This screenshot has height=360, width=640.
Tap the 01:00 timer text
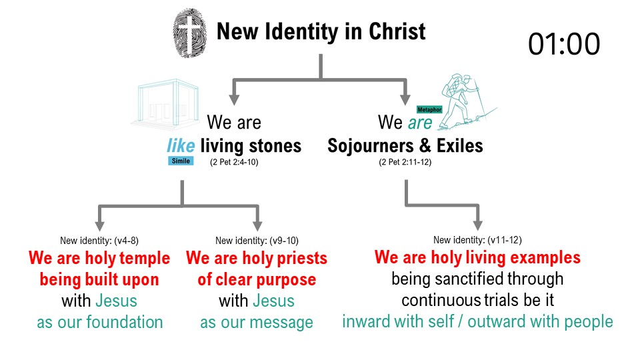[x=564, y=44]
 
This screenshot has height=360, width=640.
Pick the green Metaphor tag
[x=429, y=109]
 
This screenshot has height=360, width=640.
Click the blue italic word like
[x=181, y=145]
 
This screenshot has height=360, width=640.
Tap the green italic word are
[x=420, y=123]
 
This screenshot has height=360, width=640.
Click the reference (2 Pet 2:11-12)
[x=405, y=162]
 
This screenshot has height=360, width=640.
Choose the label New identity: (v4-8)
[x=99, y=241]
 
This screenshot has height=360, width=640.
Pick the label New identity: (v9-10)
[x=256, y=241]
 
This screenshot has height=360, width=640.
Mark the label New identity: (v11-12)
[x=477, y=240]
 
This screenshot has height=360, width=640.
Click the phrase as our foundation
[x=99, y=322]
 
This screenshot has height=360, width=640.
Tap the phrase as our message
[x=256, y=323]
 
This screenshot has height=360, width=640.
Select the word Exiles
[x=457, y=145]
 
